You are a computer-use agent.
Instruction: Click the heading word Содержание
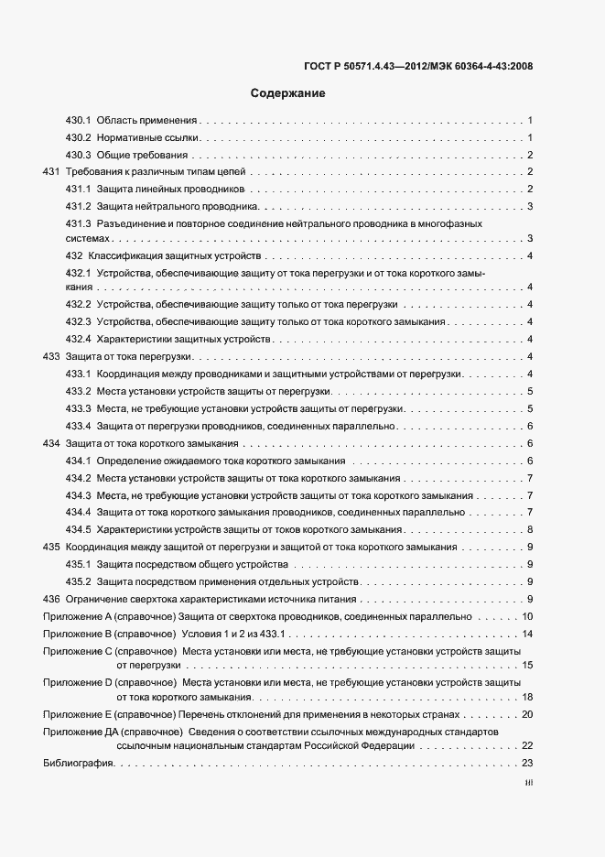(x=287, y=93)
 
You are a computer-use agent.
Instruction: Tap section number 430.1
(x=78, y=121)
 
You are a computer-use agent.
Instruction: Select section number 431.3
(x=78, y=223)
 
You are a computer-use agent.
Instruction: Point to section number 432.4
(x=78, y=340)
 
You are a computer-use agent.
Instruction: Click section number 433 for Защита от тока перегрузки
(x=51, y=357)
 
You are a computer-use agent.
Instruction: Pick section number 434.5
(x=78, y=530)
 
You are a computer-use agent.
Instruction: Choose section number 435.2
(x=78, y=581)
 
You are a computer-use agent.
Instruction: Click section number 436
(x=51, y=599)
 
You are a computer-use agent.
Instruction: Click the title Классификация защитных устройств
(x=175, y=255)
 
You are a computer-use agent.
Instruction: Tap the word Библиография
(x=77, y=764)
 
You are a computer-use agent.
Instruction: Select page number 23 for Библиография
(x=527, y=764)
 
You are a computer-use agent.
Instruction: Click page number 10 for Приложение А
(x=527, y=616)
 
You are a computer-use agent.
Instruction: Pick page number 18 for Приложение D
(x=527, y=697)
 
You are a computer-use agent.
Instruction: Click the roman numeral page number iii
(x=528, y=784)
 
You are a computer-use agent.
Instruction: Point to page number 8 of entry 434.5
(x=530, y=530)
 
